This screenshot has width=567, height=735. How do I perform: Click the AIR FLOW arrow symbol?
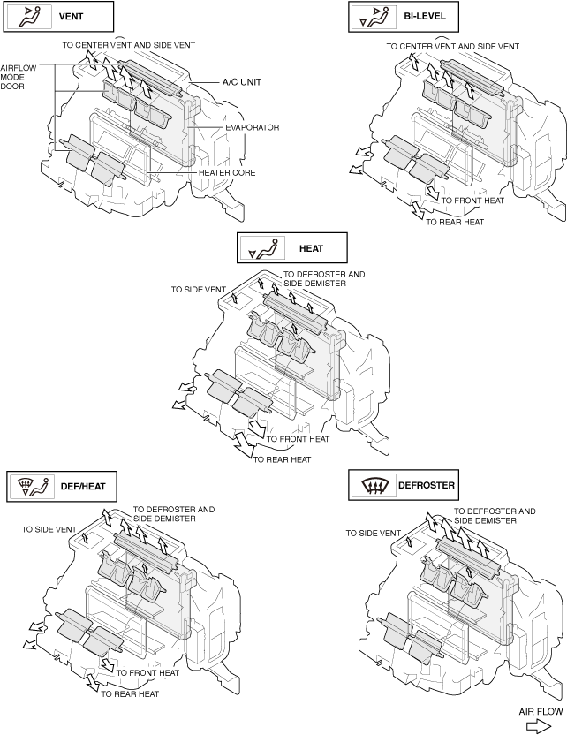[x=538, y=724]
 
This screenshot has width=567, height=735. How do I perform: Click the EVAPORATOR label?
[x=252, y=128]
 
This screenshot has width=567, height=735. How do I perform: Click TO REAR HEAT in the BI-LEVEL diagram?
[x=455, y=223]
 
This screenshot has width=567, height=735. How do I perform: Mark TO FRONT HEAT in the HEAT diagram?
[x=298, y=439]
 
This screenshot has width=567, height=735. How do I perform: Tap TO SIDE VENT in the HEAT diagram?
[x=199, y=289]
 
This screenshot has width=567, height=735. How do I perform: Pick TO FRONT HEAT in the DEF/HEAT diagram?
[x=147, y=673]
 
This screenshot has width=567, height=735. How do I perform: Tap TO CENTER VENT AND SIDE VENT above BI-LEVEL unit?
[x=452, y=45]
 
